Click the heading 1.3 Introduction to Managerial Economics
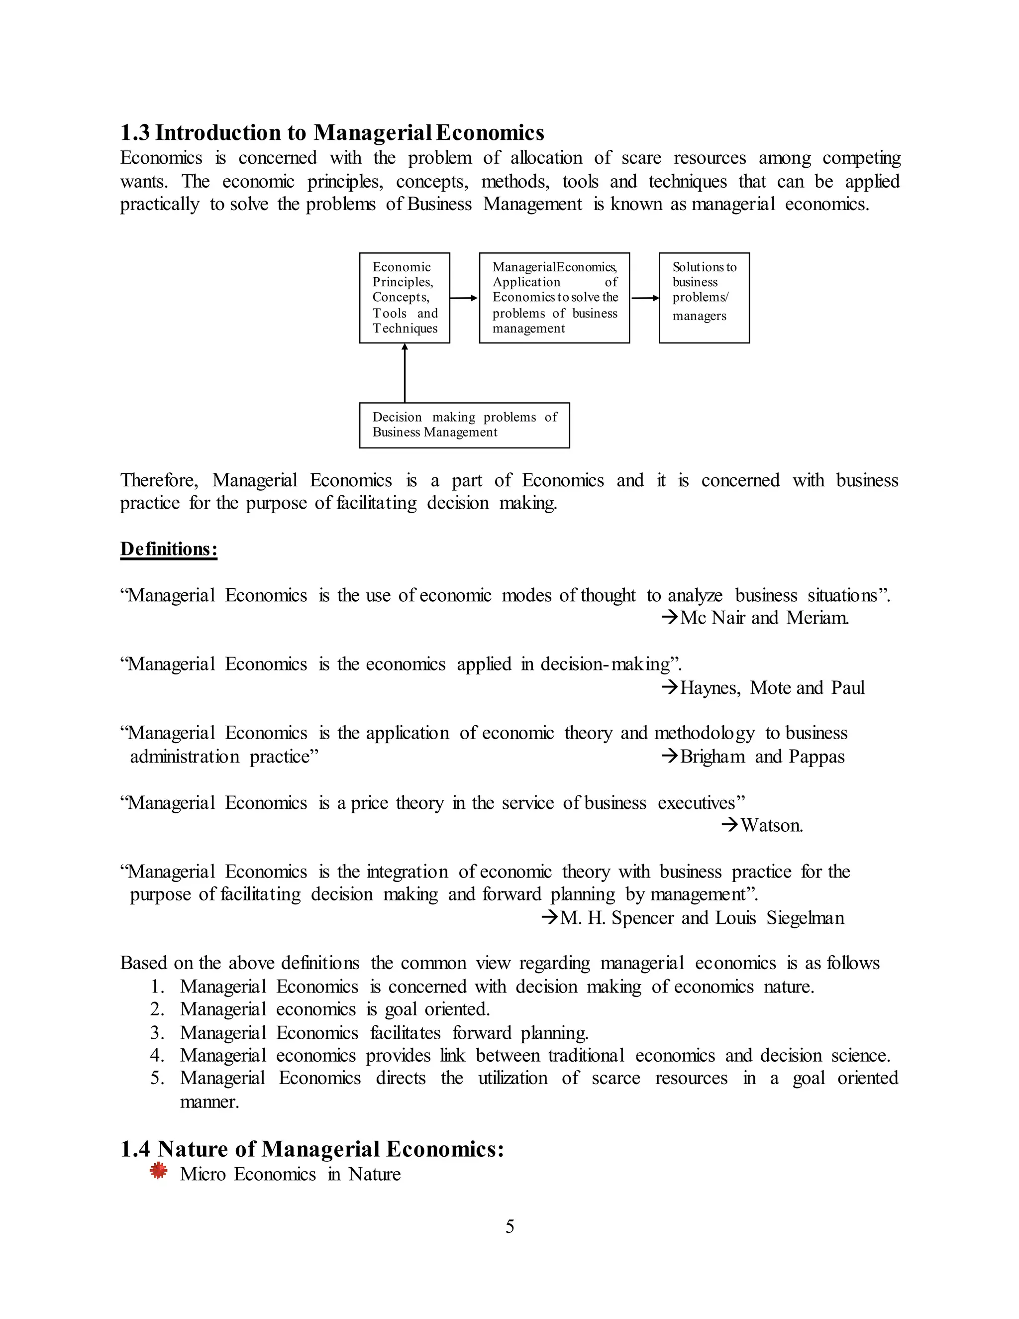pos(332,132)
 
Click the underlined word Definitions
pos(169,549)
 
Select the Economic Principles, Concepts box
pos(405,298)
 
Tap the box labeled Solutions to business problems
pos(704,298)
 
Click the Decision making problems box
pos(464,425)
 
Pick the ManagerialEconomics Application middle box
pos(554,298)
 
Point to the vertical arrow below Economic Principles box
pos(405,373)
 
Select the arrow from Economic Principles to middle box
pos(464,298)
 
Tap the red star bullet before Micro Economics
pos(158,1171)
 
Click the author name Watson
pos(772,826)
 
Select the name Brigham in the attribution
pos(713,757)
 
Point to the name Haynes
pos(710,688)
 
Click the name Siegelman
pos(806,918)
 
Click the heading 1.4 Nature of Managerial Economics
pos(312,1149)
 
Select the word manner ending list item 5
pos(209,1102)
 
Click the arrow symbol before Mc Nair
pos(670,618)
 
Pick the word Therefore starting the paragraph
pos(159,480)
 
